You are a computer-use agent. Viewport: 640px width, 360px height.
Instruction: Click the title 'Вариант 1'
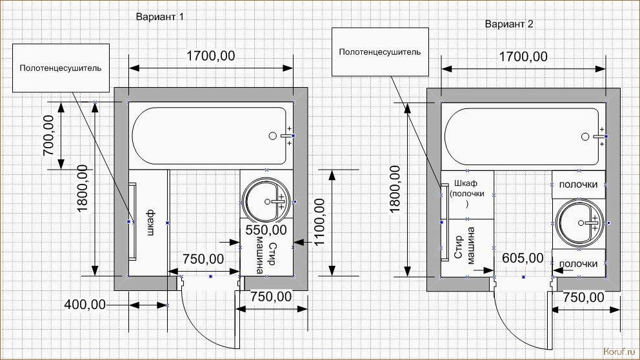pos(159,17)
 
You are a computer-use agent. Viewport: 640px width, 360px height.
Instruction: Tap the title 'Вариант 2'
pos(509,24)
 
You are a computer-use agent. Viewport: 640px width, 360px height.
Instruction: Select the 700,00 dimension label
pos(48,135)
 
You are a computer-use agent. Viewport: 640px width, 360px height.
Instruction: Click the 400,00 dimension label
pos(85,304)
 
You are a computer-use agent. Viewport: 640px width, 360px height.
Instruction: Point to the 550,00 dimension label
pos(266,230)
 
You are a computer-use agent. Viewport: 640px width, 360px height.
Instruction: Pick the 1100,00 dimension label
pos(319,222)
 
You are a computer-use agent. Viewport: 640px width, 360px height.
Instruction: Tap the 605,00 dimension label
pos(523,258)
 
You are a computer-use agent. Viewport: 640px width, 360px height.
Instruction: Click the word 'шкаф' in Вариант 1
pos(150,223)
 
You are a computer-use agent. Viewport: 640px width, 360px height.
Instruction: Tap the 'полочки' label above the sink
pos(578,185)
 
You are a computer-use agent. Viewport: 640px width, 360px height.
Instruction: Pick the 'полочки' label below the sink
pos(578,264)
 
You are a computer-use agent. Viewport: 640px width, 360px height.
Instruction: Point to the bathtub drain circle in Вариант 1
pos(273,136)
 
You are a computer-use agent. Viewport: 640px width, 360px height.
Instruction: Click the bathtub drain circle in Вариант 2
pos(585,137)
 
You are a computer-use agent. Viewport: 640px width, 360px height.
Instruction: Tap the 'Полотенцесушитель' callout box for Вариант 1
pos(61,68)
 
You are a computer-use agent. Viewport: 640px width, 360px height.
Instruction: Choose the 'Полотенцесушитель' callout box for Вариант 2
pos(381,52)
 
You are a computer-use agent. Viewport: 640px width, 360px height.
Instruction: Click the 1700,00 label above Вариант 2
pos(523,57)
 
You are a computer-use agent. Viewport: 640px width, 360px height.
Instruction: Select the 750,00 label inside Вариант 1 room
pos(203,259)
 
